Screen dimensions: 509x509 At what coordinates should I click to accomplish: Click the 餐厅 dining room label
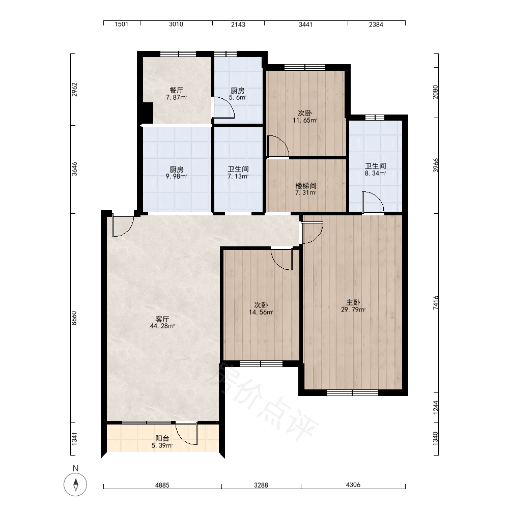(176, 90)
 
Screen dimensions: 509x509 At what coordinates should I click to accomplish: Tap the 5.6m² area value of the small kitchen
(238, 97)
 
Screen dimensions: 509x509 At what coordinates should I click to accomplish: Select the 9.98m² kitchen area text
(176, 177)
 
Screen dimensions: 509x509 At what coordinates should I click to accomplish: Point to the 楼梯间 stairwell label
(306, 186)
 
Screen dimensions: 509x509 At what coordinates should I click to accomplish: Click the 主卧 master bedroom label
(353, 302)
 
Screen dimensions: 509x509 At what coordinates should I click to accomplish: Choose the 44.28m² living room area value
(162, 326)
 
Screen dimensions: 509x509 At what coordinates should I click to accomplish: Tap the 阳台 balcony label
(162, 438)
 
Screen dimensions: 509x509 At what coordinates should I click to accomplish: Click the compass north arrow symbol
(76, 485)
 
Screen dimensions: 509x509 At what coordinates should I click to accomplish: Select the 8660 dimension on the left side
(74, 318)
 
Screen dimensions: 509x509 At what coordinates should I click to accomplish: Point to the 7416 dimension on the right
(436, 302)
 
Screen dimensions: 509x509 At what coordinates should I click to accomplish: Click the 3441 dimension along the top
(305, 24)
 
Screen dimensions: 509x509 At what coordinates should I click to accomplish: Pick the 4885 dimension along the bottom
(162, 485)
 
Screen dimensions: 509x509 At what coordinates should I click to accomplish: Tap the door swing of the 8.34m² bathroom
(373, 203)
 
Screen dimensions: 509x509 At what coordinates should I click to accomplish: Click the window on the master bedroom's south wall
(353, 392)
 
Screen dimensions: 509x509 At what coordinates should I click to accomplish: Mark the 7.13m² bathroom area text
(238, 176)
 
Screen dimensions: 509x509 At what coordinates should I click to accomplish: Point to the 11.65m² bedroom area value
(305, 120)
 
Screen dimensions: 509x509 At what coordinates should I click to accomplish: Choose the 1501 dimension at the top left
(122, 24)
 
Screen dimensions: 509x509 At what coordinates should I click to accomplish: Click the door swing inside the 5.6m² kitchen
(223, 107)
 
